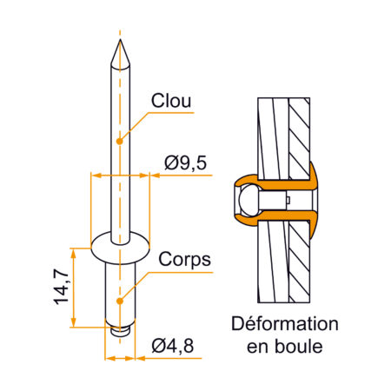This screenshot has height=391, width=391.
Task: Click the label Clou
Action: pos(171,101)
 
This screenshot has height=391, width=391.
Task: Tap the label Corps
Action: pos(184,260)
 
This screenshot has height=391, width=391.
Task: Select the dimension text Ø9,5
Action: pos(185,162)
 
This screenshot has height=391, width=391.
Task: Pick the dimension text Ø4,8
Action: pos(173,346)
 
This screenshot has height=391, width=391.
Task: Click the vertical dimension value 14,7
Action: pos(62,287)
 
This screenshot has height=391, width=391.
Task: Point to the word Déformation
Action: pos(285,324)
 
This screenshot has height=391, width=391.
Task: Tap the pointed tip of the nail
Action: pos(120,40)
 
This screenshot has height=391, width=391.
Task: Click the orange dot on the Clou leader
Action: pos(119,141)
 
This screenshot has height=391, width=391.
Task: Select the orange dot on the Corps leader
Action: pos(120,301)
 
